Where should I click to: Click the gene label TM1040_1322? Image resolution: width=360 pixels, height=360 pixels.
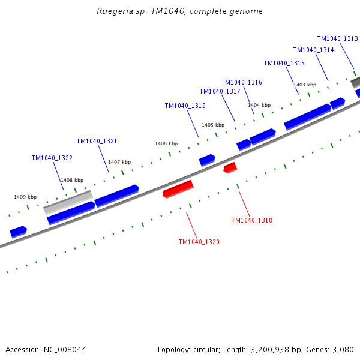pyautogui.click(x=52, y=158)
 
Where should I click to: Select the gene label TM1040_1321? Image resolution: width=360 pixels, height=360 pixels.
pyautogui.click(x=97, y=142)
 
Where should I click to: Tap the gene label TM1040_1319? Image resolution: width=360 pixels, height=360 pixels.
pyautogui.click(x=185, y=106)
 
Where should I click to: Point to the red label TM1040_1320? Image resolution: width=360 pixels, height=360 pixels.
pyautogui.click(x=199, y=242)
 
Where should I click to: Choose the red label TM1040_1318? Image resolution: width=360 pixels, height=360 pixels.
pyautogui.click(x=251, y=221)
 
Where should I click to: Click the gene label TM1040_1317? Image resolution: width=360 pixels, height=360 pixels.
pyautogui.click(x=220, y=92)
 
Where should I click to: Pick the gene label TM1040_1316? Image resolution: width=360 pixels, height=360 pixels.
pyautogui.click(x=241, y=83)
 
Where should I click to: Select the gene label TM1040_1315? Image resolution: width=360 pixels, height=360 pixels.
pyautogui.click(x=284, y=64)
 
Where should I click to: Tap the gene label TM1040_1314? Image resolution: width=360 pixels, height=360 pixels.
pyautogui.click(x=313, y=50)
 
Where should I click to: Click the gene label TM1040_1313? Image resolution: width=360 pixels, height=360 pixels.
pyautogui.click(x=337, y=38)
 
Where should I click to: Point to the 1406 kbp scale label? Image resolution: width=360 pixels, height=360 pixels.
pyautogui.click(x=166, y=144)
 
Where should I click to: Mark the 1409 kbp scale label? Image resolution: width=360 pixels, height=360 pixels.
pyautogui.click(x=25, y=197)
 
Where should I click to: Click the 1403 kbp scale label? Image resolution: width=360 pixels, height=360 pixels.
pyautogui.click(x=305, y=85)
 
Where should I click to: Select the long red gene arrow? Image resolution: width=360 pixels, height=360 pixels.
pyautogui.click(x=178, y=189)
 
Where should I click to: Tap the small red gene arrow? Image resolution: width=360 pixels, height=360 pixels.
pyautogui.click(x=230, y=168)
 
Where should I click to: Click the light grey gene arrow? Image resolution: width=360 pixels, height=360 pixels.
pyautogui.click(x=68, y=202)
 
